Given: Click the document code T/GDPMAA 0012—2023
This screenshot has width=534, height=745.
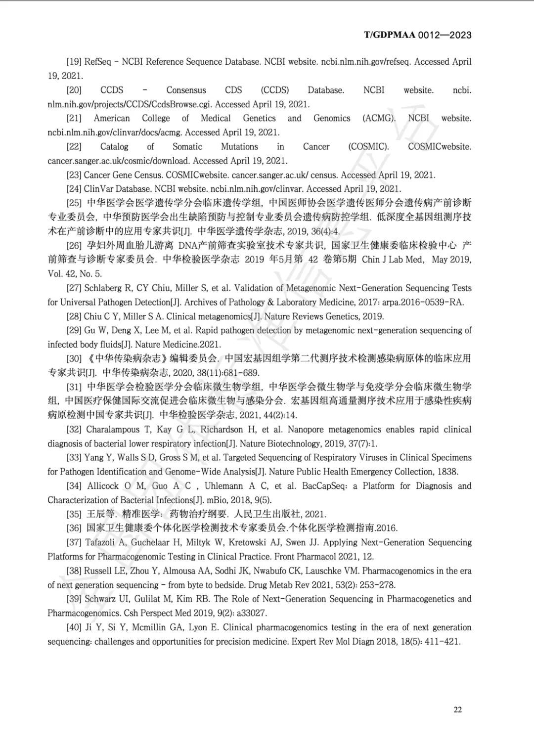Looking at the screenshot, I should pos(417,35).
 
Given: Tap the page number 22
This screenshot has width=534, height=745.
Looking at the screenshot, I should pos(457,709).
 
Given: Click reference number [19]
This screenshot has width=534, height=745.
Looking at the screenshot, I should pos(74,62).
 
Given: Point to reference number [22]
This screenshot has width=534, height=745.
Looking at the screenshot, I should pos(74,147).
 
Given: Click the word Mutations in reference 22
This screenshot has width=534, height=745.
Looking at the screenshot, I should pos(239,147).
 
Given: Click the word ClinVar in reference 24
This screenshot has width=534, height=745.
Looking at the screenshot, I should pos(98,189).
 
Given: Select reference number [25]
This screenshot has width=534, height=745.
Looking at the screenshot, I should pos(74,203).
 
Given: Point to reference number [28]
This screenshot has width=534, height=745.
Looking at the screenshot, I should pos(74,316).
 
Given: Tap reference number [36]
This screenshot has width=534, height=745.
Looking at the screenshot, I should pos(74,528).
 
